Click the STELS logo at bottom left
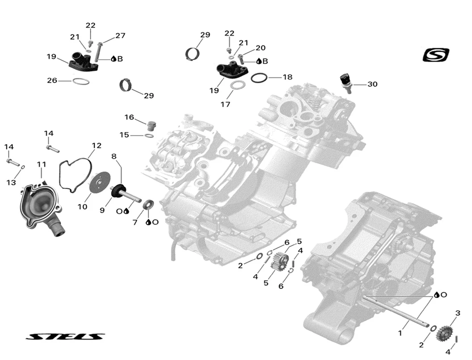pos(65,336)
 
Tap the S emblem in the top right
pos(436,55)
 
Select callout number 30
pos(372,84)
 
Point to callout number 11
pos(42,165)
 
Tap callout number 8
pos(114,156)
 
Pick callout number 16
pos(129,117)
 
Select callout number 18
pos(287,77)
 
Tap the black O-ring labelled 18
pos(259,78)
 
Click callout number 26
pos(52,80)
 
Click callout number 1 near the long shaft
pos(400,333)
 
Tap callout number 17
pos(225,104)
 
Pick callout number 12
pos(97,146)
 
